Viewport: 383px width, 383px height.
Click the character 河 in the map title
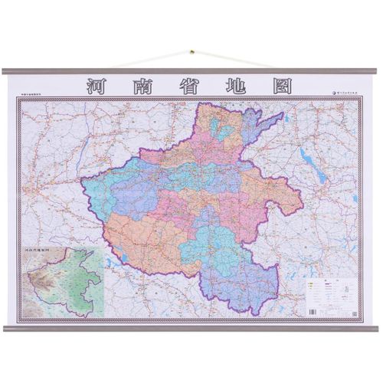(x=99, y=87)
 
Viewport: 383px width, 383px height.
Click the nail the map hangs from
(x=191, y=53)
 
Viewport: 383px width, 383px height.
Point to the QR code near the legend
(x=353, y=312)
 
